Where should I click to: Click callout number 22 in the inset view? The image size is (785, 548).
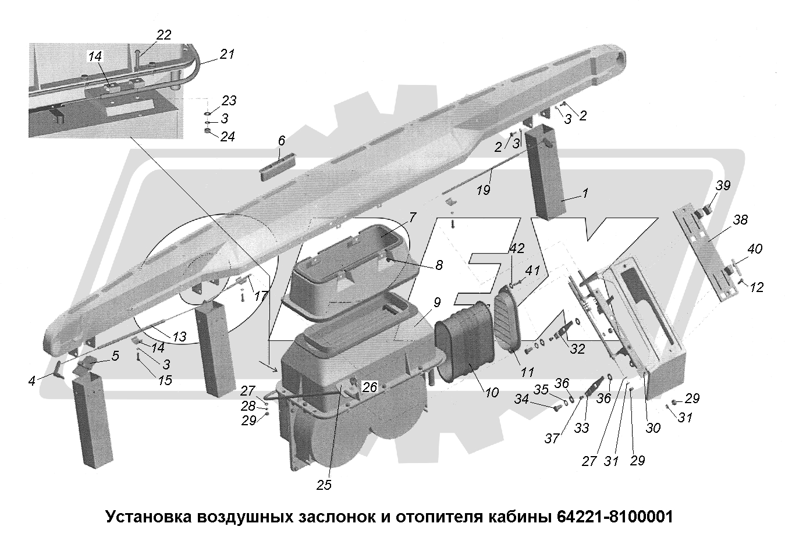pyautogui.click(x=164, y=35)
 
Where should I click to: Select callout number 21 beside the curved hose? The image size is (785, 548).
pyautogui.click(x=226, y=54)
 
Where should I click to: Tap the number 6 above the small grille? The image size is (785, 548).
pyautogui.click(x=282, y=141)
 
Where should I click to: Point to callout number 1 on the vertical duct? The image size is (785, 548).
pyautogui.click(x=585, y=193)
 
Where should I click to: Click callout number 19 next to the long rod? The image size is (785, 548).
pyautogui.click(x=484, y=190)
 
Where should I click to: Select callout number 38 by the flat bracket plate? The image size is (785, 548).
pyautogui.click(x=740, y=220)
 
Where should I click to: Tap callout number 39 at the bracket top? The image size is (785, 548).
pyautogui.click(x=723, y=186)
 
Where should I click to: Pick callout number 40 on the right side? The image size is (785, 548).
pyautogui.click(x=754, y=249)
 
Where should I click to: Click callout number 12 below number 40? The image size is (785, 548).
pyautogui.click(x=756, y=287)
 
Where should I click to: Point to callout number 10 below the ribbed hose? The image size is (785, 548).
pyautogui.click(x=491, y=393)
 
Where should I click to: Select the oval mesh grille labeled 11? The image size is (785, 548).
pyautogui.click(x=508, y=323)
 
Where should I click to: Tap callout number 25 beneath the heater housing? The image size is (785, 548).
pyautogui.click(x=324, y=485)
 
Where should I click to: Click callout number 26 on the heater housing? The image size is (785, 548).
pyautogui.click(x=370, y=386)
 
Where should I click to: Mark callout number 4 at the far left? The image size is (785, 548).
pyautogui.click(x=33, y=381)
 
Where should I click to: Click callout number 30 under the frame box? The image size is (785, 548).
pyautogui.click(x=653, y=428)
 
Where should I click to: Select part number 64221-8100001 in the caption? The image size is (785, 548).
pyautogui.click(x=614, y=517)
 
